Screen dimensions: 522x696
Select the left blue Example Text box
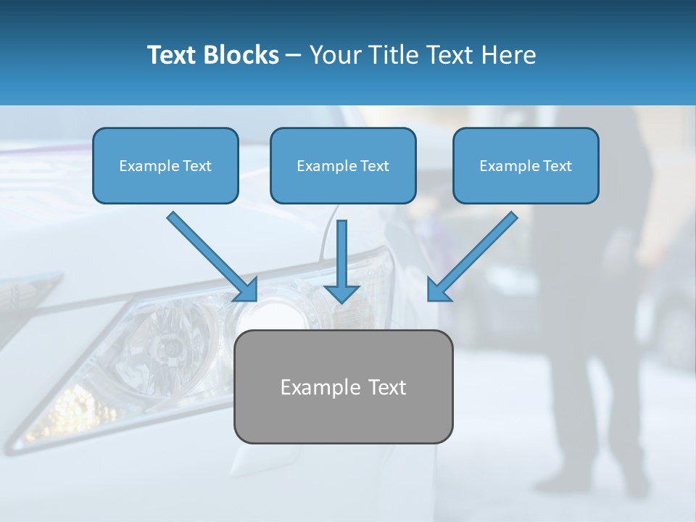click(165, 165)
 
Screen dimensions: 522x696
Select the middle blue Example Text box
click(343, 165)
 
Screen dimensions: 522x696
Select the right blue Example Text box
click(526, 165)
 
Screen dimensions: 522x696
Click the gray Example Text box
click(343, 386)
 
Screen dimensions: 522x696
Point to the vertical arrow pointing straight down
click(341, 254)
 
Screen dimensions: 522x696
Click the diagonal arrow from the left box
click(210, 254)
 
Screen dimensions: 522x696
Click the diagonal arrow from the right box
click(475, 254)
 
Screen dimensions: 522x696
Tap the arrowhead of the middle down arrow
click(341, 293)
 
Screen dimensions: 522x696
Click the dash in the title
click(294, 56)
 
